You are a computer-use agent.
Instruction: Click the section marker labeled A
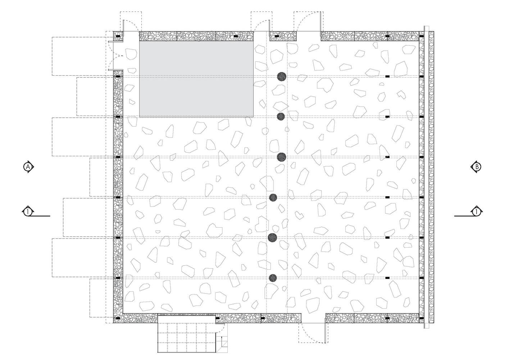[28, 167]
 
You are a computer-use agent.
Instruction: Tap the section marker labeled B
[477, 167]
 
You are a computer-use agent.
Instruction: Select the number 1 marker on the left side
[28, 212]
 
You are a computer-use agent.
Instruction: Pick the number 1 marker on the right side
[476, 212]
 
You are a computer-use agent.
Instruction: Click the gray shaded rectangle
[196, 79]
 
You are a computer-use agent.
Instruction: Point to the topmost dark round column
[282, 76]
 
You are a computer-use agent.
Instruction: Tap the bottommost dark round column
[273, 278]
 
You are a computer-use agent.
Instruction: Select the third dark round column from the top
[281, 157]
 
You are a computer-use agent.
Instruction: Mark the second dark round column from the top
[281, 116]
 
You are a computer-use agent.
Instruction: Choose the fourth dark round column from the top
[273, 197]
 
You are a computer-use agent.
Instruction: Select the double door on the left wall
[116, 56]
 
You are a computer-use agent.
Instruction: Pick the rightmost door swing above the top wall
[308, 22]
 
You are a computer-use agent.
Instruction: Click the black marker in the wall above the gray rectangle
[236, 36]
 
